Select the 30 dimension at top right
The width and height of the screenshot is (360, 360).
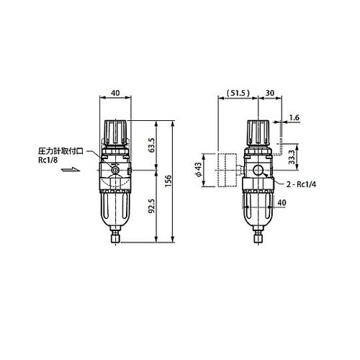coord(268,94)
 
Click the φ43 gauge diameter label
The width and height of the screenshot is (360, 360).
coord(199,170)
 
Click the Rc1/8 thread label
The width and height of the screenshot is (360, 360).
coord(48,161)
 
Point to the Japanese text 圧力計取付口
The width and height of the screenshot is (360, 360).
coord(61,152)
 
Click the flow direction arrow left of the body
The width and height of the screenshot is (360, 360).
coord(70,171)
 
